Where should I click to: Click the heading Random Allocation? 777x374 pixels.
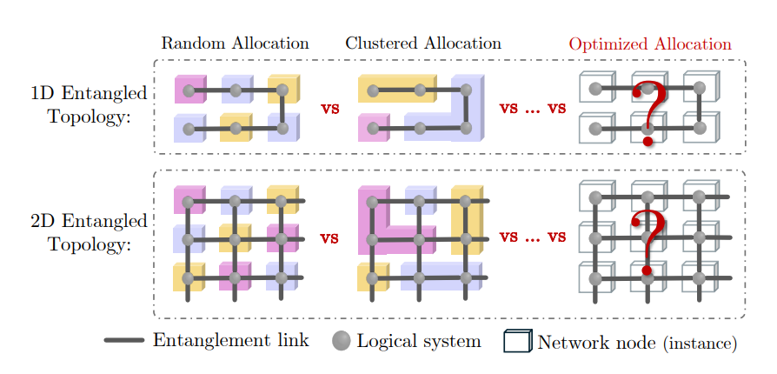[235, 43]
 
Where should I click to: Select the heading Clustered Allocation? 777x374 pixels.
[422, 43]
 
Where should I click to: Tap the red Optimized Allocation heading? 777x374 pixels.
[649, 43]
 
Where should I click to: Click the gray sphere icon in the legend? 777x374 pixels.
[341, 341]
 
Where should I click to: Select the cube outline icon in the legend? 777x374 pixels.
[517, 341]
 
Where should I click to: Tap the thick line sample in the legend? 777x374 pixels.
[123, 341]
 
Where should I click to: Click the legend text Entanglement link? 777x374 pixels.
[230, 341]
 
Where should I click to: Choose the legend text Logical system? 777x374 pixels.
[419, 341]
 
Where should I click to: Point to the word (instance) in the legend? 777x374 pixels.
[700, 344]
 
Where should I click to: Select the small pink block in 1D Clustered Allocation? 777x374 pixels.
[374, 129]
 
